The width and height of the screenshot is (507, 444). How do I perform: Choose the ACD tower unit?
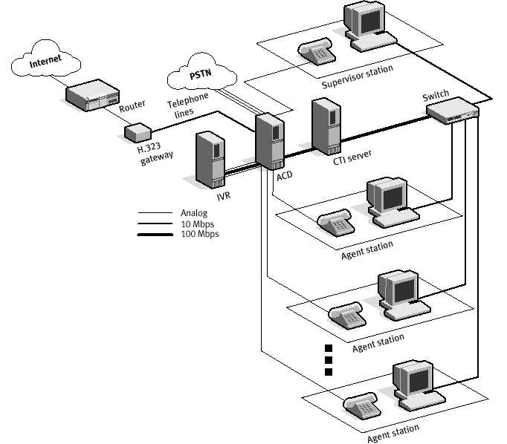tap(270, 141)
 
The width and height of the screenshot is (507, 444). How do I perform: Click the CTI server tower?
tap(325, 126)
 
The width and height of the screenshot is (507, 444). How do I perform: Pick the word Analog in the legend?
tap(194, 212)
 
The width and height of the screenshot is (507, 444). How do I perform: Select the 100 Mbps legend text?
tap(200, 234)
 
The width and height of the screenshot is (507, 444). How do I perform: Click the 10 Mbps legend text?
tap(198, 223)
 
